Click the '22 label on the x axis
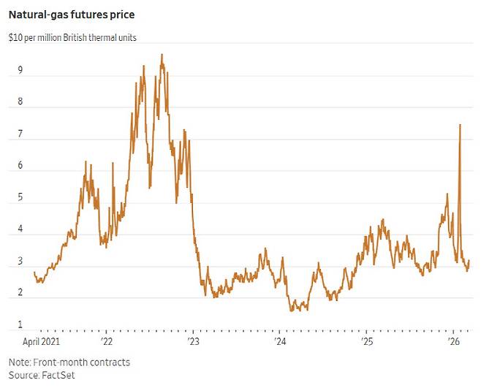107,342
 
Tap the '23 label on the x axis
194,342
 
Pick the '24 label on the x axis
281,342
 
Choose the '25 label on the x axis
367,342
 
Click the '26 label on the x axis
453,342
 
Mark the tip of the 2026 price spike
460,125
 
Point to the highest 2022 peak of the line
162,55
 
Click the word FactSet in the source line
60,375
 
